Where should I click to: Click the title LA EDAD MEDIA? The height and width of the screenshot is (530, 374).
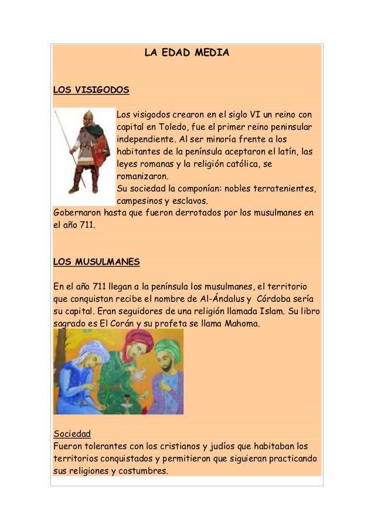[186, 53]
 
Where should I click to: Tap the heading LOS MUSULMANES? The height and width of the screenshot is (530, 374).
[96, 261]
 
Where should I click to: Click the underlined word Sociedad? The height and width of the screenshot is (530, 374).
[72, 434]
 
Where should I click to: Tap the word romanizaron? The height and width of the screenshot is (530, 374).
[142, 176]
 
